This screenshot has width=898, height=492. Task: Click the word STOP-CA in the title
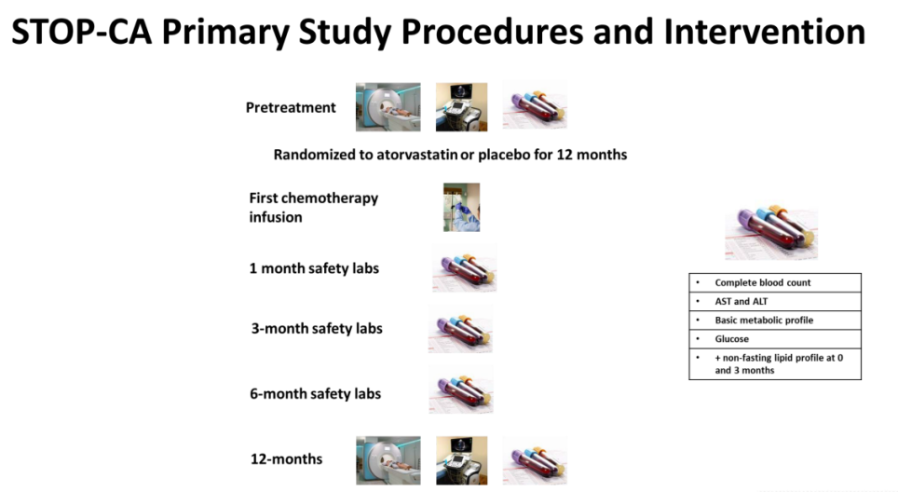pyautogui.click(x=82, y=32)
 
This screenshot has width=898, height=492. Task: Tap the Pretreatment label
pyautogui.click(x=291, y=108)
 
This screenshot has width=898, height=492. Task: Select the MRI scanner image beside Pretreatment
pyautogui.click(x=388, y=107)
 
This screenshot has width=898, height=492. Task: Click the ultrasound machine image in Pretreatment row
pyautogui.click(x=462, y=107)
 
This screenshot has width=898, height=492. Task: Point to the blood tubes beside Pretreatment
pyautogui.click(x=535, y=105)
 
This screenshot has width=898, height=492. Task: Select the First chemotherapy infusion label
pyautogui.click(x=313, y=208)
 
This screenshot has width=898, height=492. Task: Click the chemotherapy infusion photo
pyautogui.click(x=462, y=208)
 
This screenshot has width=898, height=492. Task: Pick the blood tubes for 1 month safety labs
pyautogui.click(x=465, y=268)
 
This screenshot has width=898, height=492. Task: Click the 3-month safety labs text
pyautogui.click(x=317, y=329)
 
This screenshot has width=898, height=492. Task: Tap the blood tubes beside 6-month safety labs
pyautogui.click(x=461, y=389)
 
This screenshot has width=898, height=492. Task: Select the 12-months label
pyautogui.click(x=286, y=459)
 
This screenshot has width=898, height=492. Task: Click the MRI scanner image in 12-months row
pyautogui.click(x=388, y=460)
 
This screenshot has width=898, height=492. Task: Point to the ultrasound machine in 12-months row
pyautogui.click(x=462, y=460)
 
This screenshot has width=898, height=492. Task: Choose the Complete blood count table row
pyautogui.click(x=775, y=283)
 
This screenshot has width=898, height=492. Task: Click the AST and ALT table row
pyautogui.click(x=775, y=302)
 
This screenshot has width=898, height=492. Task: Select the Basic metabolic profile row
pyautogui.click(x=775, y=321)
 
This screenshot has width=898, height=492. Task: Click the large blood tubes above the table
pyautogui.click(x=771, y=233)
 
